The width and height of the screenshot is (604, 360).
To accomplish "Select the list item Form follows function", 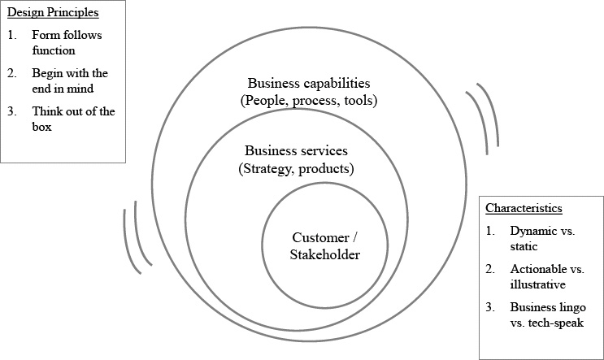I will coord(67,43).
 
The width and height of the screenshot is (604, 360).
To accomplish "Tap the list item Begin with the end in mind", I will coord(69,80).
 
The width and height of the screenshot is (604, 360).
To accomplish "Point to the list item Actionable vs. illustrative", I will coord(546,276).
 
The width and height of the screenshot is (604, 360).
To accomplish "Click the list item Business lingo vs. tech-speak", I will coord(546,314).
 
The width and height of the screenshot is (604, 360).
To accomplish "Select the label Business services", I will coord(295,152).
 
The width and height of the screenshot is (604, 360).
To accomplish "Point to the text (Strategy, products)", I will coord(295,169).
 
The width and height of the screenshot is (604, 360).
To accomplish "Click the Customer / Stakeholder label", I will coord(324,245).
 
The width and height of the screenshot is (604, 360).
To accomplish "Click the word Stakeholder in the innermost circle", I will coord(324,254).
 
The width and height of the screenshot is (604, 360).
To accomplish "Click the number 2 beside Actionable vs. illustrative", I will coord(490,269).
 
